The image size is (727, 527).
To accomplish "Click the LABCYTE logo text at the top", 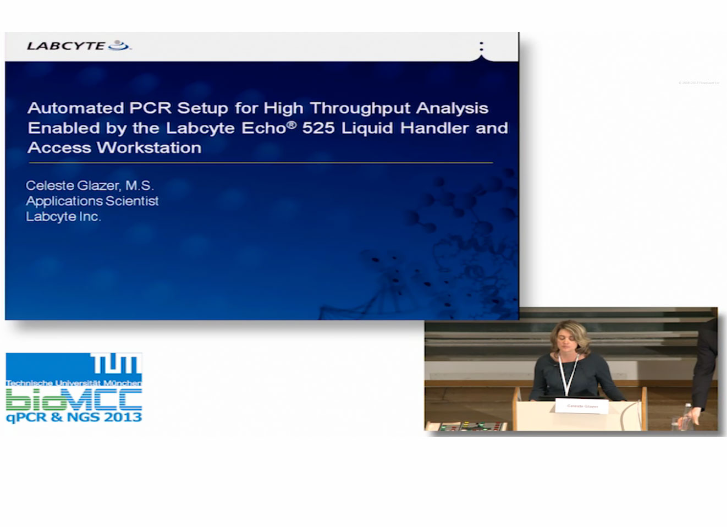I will [x=66, y=46].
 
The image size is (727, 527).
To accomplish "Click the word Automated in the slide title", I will [x=75, y=108].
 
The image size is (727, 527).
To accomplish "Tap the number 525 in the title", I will [x=318, y=128].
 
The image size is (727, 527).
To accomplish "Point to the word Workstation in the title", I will [x=148, y=148].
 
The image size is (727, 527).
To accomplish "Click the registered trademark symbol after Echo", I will [x=291, y=124].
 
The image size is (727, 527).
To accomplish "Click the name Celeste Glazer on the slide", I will [x=73, y=186].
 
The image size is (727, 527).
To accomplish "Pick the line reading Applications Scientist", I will [x=92, y=201].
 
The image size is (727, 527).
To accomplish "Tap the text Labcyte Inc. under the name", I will [x=63, y=217].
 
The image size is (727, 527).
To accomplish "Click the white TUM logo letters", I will [x=115, y=365].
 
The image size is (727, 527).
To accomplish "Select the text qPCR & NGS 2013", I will [x=74, y=418].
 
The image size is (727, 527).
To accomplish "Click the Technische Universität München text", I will [x=74, y=383].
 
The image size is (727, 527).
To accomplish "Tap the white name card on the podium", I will [x=582, y=406].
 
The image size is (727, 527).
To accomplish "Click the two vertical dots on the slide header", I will [x=481, y=46].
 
